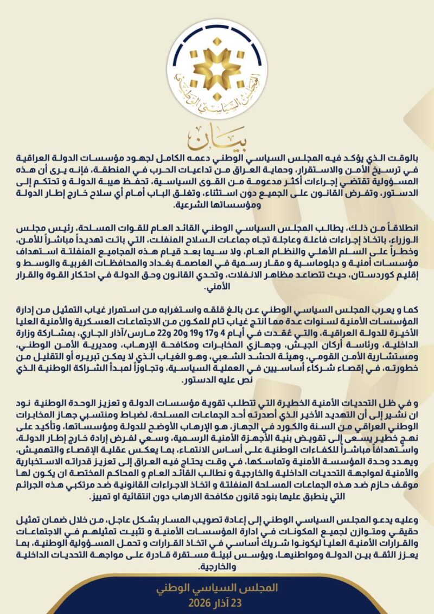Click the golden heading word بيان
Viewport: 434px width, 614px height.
tap(216, 140)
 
